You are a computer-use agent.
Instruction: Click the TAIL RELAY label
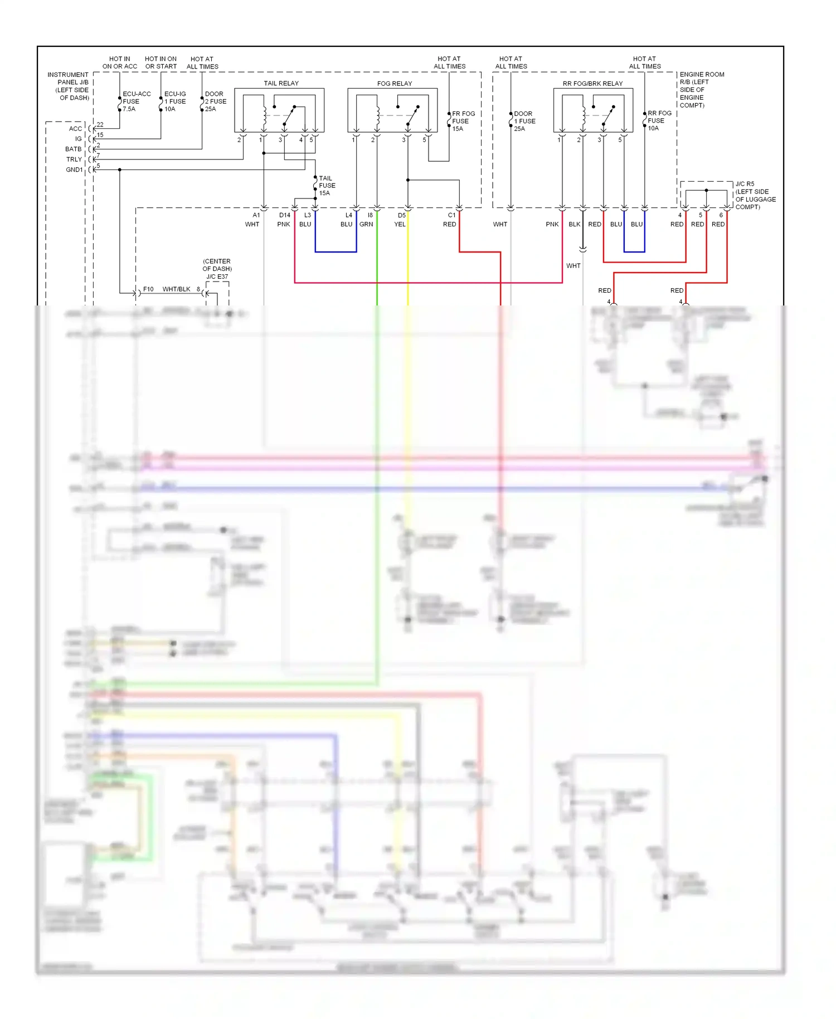coord(281,83)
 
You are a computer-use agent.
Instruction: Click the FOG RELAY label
coord(394,84)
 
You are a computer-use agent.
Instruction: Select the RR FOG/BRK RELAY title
coord(592,84)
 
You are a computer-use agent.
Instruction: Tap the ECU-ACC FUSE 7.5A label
coord(136,101)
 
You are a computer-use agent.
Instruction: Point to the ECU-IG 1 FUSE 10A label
coord(175,101)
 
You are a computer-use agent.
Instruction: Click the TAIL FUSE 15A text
coord(327,186)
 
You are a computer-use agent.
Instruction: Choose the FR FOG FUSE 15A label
coord(463,121)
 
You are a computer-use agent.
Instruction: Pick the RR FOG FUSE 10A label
coord(659,120)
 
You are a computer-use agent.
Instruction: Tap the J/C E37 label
coord(217,276)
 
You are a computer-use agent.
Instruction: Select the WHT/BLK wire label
coord(176,289)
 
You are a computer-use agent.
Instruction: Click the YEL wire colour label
coord(400,224)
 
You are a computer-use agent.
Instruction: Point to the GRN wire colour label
coord(366,224)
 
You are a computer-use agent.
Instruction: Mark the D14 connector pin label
coord(284,215)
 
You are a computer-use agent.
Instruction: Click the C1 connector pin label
coord(451,215)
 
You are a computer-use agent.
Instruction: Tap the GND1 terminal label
coord(74,169)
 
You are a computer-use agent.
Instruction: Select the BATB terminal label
coord(73,149)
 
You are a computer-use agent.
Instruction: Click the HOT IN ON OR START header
coord(161,62)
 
